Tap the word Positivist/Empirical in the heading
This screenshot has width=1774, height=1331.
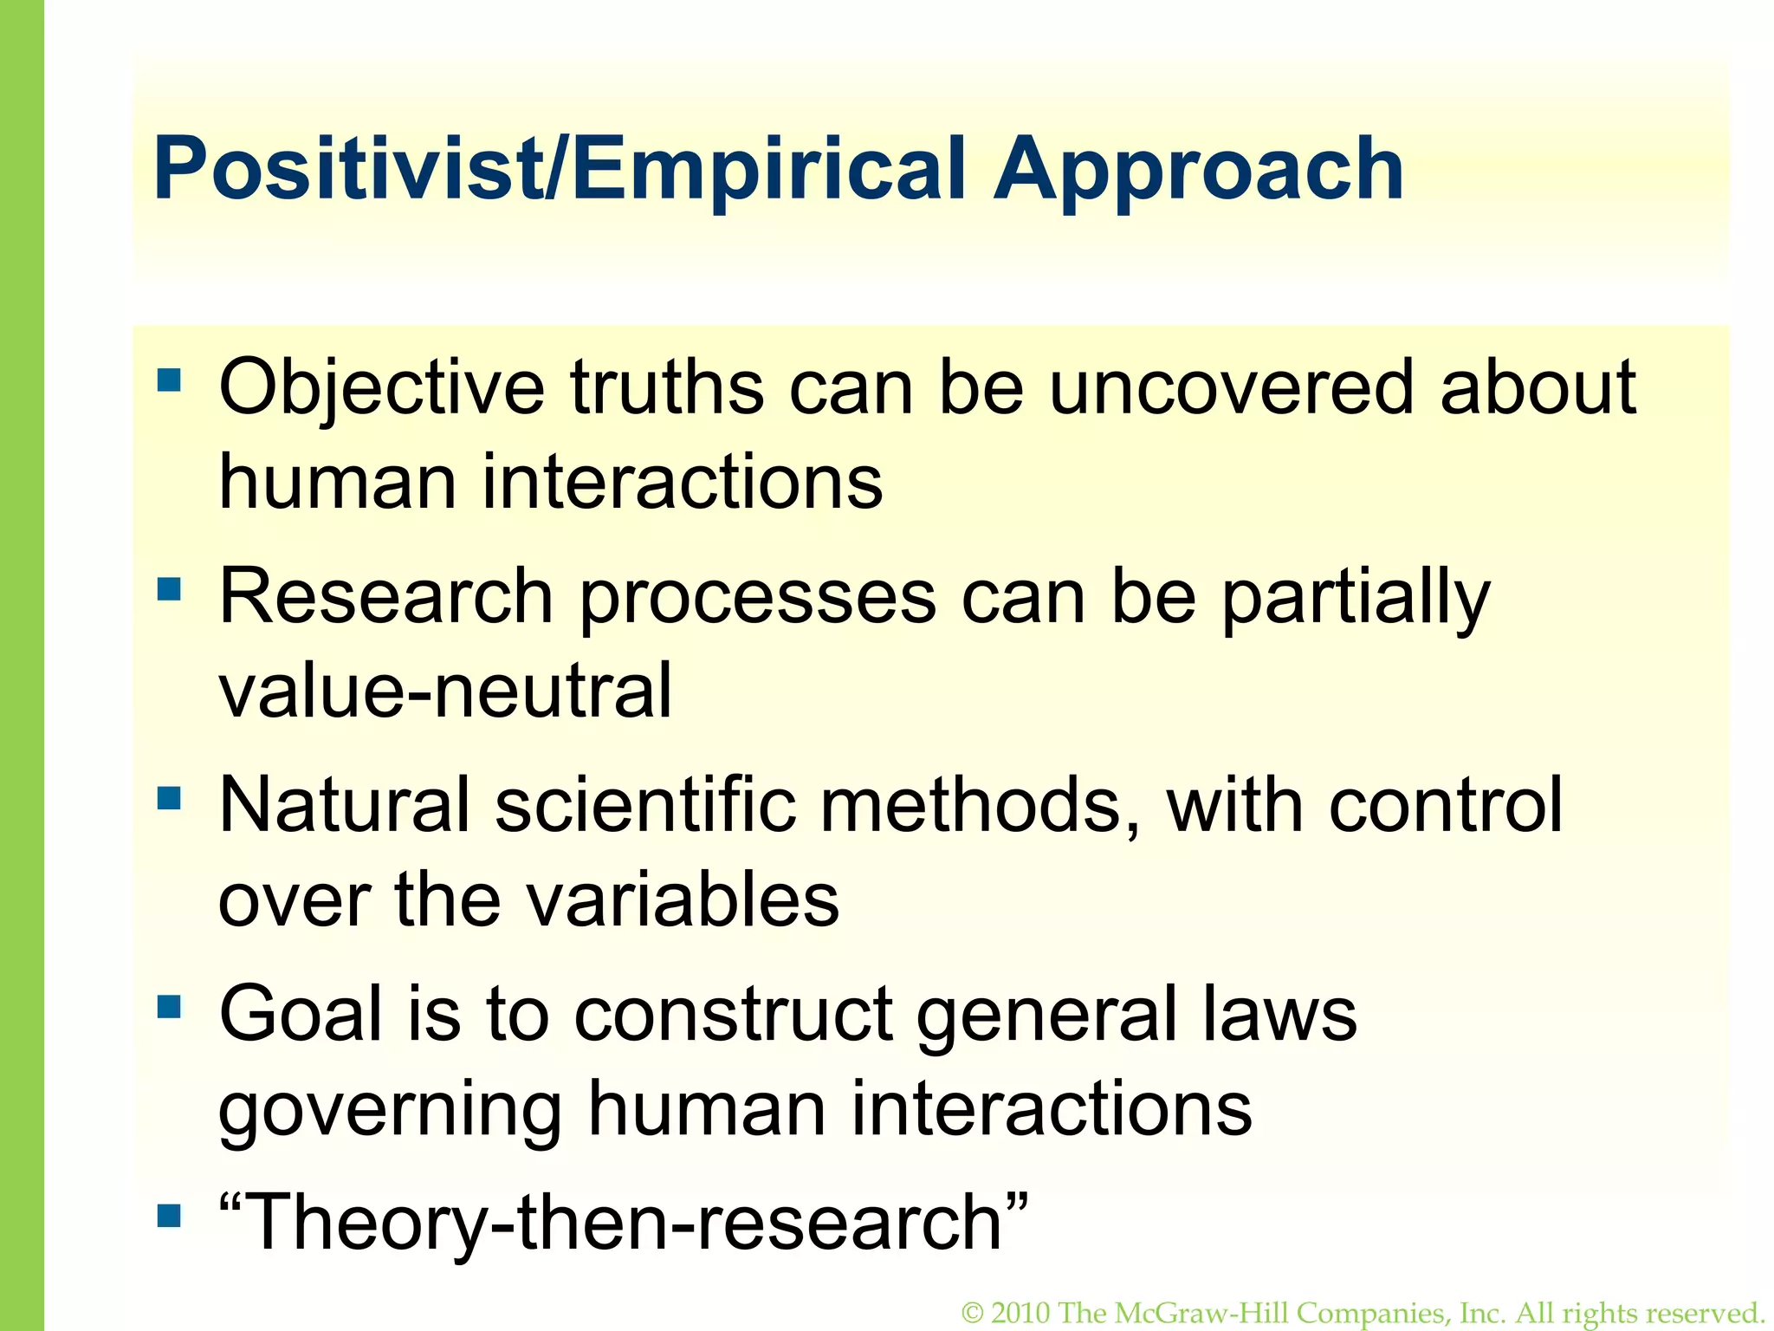click(559, 169)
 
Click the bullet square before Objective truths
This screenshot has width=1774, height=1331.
click(170, 380)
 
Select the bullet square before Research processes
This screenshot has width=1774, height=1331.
click(170, 590)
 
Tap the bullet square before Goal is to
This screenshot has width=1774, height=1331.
click(170, 1006)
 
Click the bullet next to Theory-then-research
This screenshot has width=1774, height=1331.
click(170, 1216)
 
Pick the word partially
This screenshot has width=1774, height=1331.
click(1356, 598)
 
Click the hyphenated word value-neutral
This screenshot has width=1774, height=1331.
click(444, 691)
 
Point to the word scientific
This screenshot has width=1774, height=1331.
click(645, 806)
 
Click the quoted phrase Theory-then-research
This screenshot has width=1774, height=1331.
click(624, 1223)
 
